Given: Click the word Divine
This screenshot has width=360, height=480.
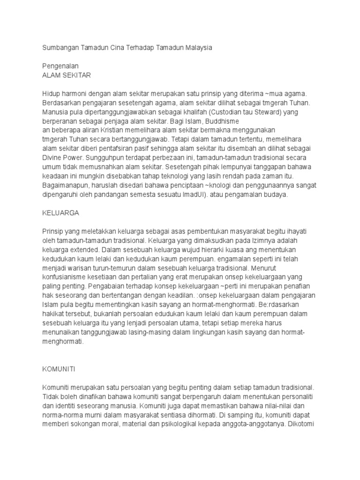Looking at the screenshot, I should [52, 157].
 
